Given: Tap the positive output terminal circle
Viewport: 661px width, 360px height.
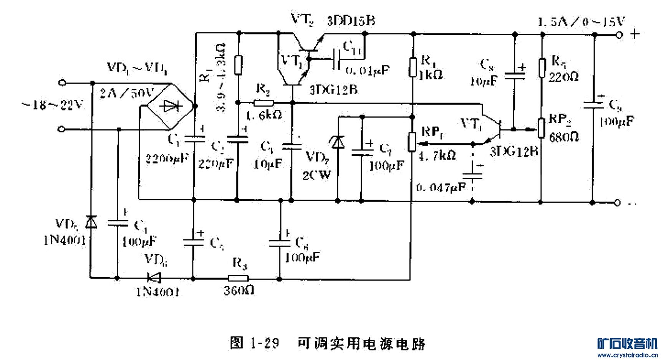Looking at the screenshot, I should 619,35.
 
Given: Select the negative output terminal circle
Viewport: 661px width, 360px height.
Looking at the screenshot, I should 617,202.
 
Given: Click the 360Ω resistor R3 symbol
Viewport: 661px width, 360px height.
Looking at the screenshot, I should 239,278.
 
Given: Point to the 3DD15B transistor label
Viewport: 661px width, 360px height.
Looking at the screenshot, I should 351,20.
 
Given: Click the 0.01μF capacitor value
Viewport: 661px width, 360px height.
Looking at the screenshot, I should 367,70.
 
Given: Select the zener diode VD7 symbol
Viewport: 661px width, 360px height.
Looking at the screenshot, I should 338,143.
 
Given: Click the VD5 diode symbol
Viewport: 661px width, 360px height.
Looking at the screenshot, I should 91,222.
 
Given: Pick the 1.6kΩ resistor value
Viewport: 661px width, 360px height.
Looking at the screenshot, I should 264,115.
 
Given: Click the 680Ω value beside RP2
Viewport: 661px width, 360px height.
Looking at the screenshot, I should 563,137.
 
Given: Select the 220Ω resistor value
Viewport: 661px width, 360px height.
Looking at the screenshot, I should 563,78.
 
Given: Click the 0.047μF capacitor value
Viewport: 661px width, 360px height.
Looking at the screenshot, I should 441,187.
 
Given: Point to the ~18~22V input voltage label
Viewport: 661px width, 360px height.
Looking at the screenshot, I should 53,105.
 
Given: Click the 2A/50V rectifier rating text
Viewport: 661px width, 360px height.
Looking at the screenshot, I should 127,92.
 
